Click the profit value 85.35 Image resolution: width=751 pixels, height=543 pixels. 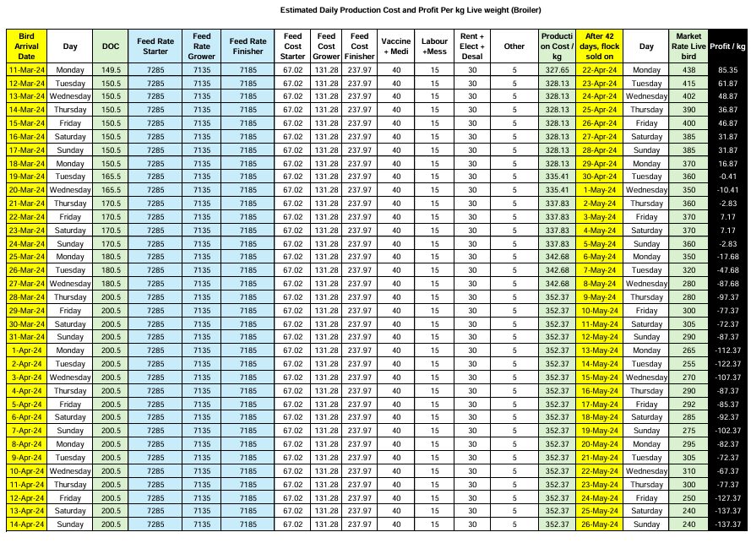(728, 70)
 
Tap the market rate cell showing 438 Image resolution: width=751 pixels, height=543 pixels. (687, 70)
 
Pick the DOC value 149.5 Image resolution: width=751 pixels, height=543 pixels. (110, 70)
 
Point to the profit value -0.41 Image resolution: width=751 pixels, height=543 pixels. (728, 176)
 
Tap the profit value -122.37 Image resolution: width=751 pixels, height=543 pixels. (728, 362)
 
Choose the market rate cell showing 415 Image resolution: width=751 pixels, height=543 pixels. (687, 84)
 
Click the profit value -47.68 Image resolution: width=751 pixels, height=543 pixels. (728, 269)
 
